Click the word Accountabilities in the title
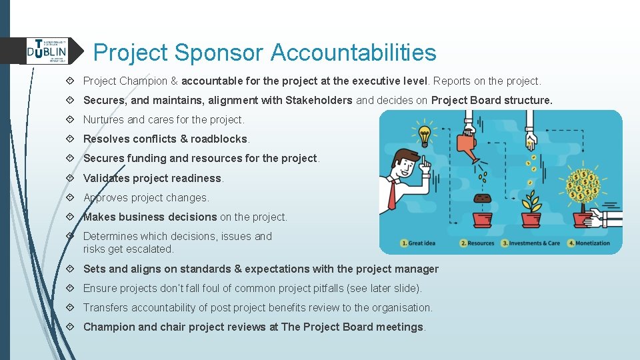(x=353, y=52)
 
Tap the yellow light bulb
(x=423, y=132)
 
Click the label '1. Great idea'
(x=418, y=243)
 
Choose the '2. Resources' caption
(x=477, y=243)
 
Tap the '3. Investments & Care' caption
(x=531, y=243)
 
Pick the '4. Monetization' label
(x=589, y=243)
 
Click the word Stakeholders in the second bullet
(x=319, y=101)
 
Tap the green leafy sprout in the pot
(x=531, y=202)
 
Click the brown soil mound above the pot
(x=482, y=199)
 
